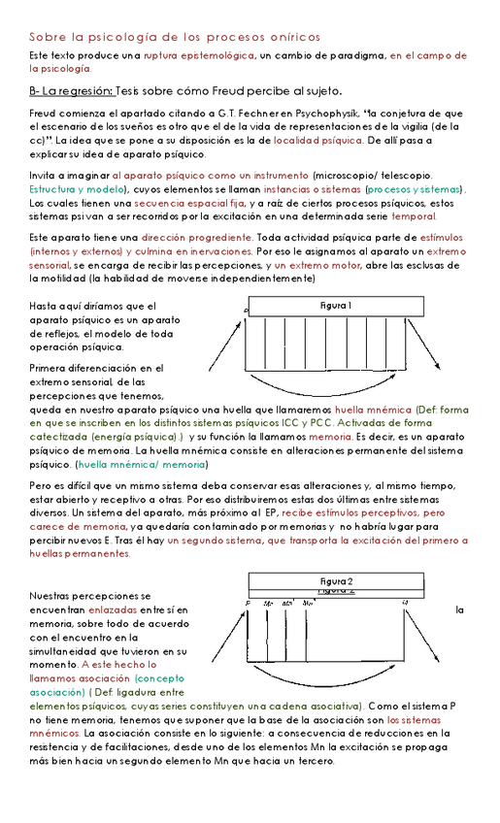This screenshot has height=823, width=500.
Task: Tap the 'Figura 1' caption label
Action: (x=336, y=306)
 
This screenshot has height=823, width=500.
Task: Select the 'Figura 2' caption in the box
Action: (x=336, y=580)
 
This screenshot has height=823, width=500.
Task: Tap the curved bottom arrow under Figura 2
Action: (x=334, y=676)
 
